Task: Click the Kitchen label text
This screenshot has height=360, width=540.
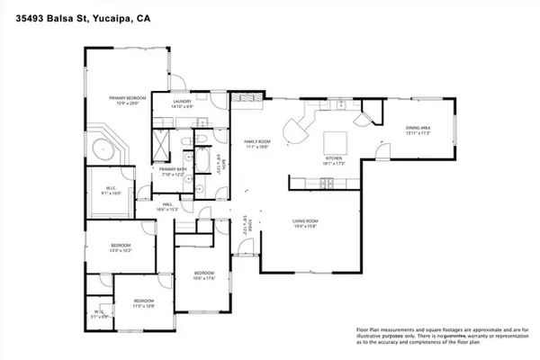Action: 334,160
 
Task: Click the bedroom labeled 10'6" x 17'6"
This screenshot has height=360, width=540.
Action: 205,278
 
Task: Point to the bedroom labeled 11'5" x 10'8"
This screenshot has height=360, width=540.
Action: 145,304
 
